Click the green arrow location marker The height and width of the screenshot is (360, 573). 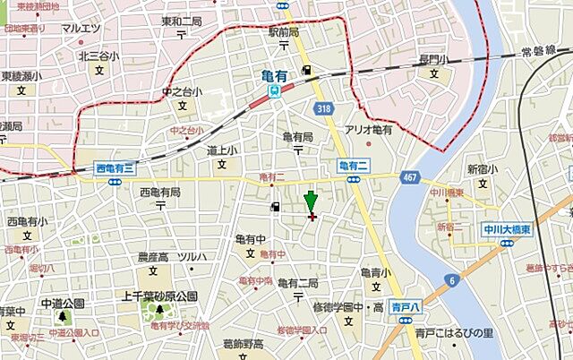tap(311, 201)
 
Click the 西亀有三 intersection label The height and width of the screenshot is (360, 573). tap(115, 167)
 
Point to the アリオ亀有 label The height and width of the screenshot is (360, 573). tap(369, 130)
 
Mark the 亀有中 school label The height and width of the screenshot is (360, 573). tap(251, 239)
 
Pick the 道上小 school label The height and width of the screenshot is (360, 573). tap(221, 150)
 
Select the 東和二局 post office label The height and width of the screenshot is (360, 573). tap(183, 21)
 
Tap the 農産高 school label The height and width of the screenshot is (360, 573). tap(154, 257)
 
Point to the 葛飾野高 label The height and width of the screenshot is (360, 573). tap(242, 344)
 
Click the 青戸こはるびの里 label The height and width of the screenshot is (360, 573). tap(454, 333)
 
